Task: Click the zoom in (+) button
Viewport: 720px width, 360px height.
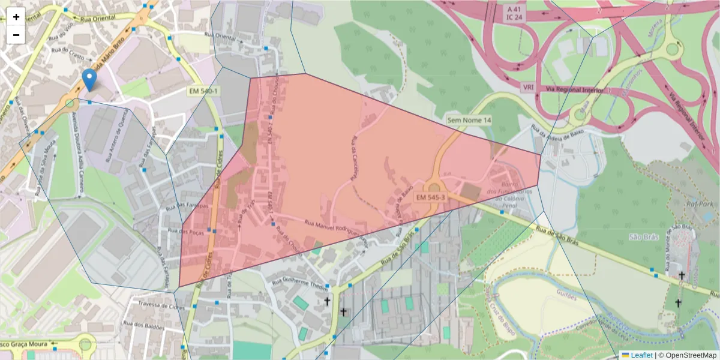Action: pyautogui.click(x=16, y=17)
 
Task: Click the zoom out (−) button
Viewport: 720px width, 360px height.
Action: pyautogui.click(x=16, y=35)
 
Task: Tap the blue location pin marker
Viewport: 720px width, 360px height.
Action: pyautogui.click(x=89, y=80)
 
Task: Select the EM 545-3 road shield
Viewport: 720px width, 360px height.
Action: pyautogui.click(x=430, y=197)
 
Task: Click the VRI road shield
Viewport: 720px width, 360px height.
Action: pyautogui.click(x=528, y=87)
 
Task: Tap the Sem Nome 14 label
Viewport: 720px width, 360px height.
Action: pyautogui.click(x=469, y=121)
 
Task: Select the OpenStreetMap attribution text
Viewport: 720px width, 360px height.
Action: pyautogui.click(x=690, y=355)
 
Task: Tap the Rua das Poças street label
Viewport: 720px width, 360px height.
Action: pyautogui.click(x=184, y=231)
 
